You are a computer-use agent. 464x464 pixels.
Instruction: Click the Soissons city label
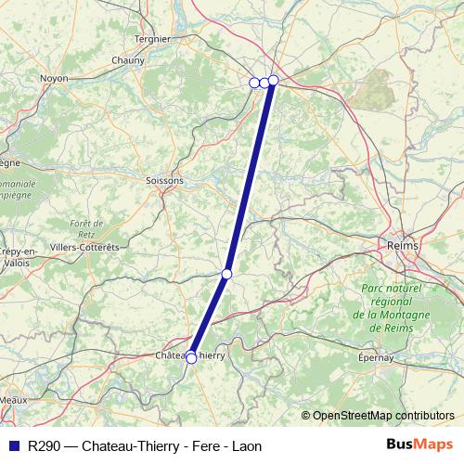coord(165,180)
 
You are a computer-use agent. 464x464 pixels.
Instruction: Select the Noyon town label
coord(54,79)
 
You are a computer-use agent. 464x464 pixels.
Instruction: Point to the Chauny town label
coord(128,60)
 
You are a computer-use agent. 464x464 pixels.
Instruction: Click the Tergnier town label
coord(152,39)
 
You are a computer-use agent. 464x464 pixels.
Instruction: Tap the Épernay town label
coord(375,357)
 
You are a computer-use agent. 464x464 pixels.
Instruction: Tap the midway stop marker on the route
coord(226,274)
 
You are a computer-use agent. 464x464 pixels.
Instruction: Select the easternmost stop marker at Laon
coord(274,80)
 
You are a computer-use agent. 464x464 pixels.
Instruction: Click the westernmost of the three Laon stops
coord(254,83)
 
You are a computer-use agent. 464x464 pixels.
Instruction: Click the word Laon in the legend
coord(244,445)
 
